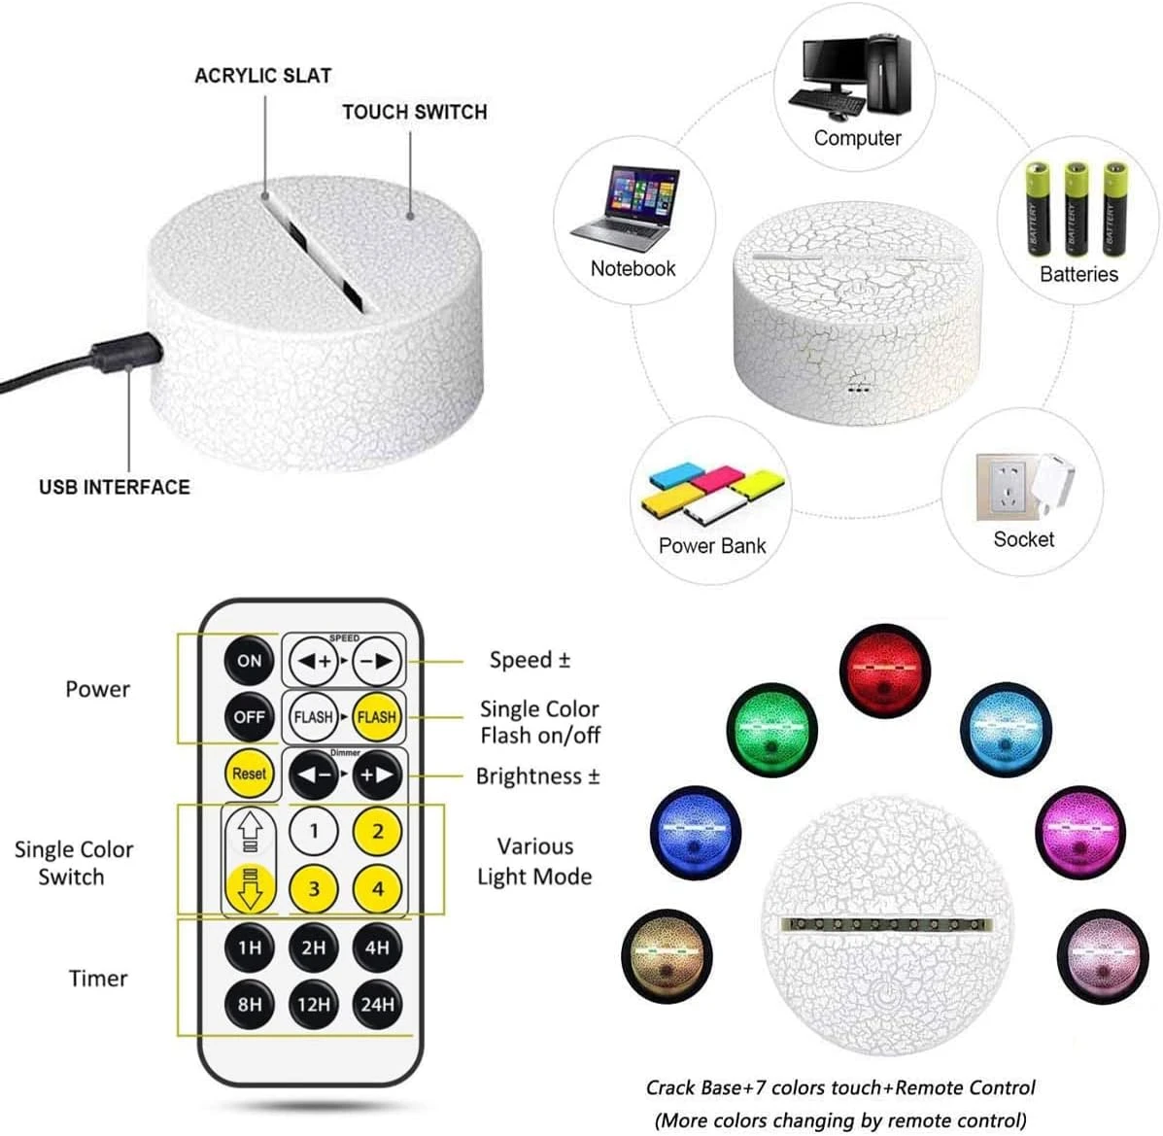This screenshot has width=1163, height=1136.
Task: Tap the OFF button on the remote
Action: click(249, 717)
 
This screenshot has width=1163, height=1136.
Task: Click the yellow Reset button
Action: click(249, 774)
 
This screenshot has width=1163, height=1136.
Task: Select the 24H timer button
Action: click(378, 1005)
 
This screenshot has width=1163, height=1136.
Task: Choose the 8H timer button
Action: click(249, 1005)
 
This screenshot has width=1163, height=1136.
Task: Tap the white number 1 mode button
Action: click(314, 831)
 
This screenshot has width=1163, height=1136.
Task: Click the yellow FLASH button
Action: click(377, 717)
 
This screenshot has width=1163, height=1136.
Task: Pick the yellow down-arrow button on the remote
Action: click(250, 888)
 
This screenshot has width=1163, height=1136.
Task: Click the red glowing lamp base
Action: click(885, 670)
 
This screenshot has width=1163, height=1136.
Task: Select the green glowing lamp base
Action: click(772, 730)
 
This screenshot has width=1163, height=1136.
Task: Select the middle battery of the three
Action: click(1077, 208)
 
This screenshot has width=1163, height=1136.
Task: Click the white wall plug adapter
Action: click(1051, 483)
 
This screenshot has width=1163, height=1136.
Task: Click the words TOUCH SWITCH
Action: click(415, 112)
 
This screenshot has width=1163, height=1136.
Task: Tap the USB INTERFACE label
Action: click(115, 487)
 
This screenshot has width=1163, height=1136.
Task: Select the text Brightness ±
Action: click(537, 776)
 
